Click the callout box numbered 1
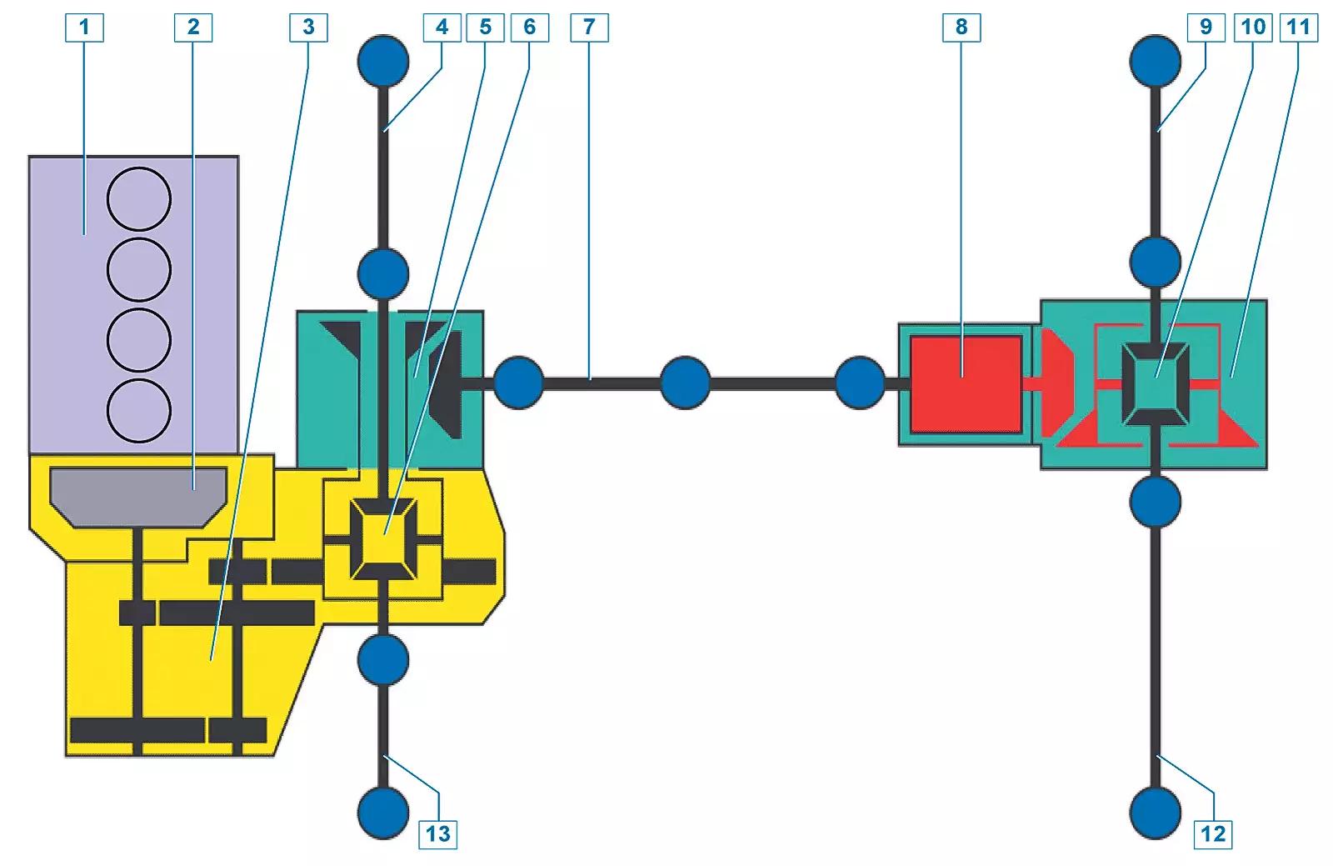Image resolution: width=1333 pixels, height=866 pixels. point(84,28)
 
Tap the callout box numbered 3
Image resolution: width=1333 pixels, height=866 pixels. point(308,28)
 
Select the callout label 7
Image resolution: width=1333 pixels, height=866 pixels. point(589,28)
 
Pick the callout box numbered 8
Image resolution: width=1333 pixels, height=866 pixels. point(961,28)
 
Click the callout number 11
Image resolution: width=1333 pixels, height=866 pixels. point(1299,28)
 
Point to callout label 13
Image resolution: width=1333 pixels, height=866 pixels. point(438,833)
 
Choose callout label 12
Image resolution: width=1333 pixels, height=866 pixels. point(1213,833)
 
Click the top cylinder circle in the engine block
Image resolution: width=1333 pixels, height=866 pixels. point(139,199)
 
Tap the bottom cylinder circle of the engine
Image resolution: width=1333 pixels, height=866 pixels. point(139,411)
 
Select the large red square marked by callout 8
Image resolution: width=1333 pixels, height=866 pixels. point(966,384)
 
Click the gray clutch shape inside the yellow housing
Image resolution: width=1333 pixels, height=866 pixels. point(138,498)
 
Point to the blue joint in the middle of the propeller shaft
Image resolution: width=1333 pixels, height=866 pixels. point(686,383)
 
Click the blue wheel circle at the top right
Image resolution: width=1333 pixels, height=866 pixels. point(1155,62)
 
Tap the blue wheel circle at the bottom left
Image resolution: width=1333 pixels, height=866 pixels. point(383,813)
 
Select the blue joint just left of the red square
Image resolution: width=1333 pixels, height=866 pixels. point(860,383)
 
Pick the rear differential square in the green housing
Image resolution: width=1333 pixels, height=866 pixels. point(1156,384)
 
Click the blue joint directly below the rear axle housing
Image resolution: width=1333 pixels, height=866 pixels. point(1155,502)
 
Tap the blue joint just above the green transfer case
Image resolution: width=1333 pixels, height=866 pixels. point(383,273)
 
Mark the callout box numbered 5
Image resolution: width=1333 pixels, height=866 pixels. point(486,28)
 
